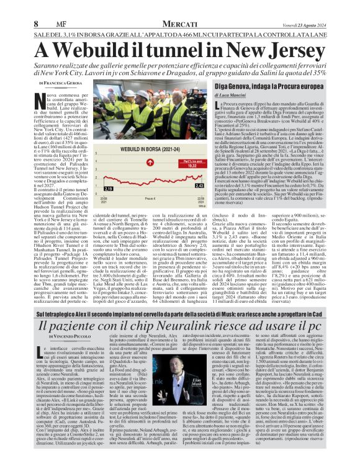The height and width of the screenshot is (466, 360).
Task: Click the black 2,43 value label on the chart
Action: click(x=199, y=185)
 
